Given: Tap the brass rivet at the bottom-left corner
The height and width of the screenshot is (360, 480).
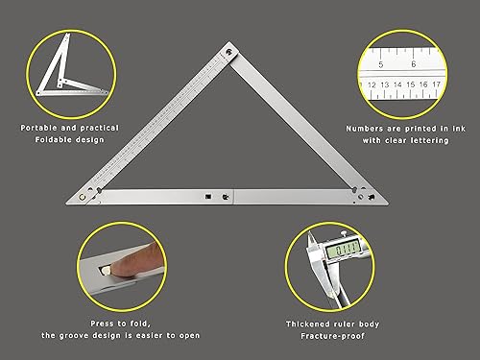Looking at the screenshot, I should coord(84,197).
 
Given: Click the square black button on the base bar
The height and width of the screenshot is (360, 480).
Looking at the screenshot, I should coord(206,196).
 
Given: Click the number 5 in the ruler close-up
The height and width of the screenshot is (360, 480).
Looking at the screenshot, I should coord(381,64).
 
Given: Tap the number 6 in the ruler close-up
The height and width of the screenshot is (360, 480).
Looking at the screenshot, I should coord(413,64).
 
